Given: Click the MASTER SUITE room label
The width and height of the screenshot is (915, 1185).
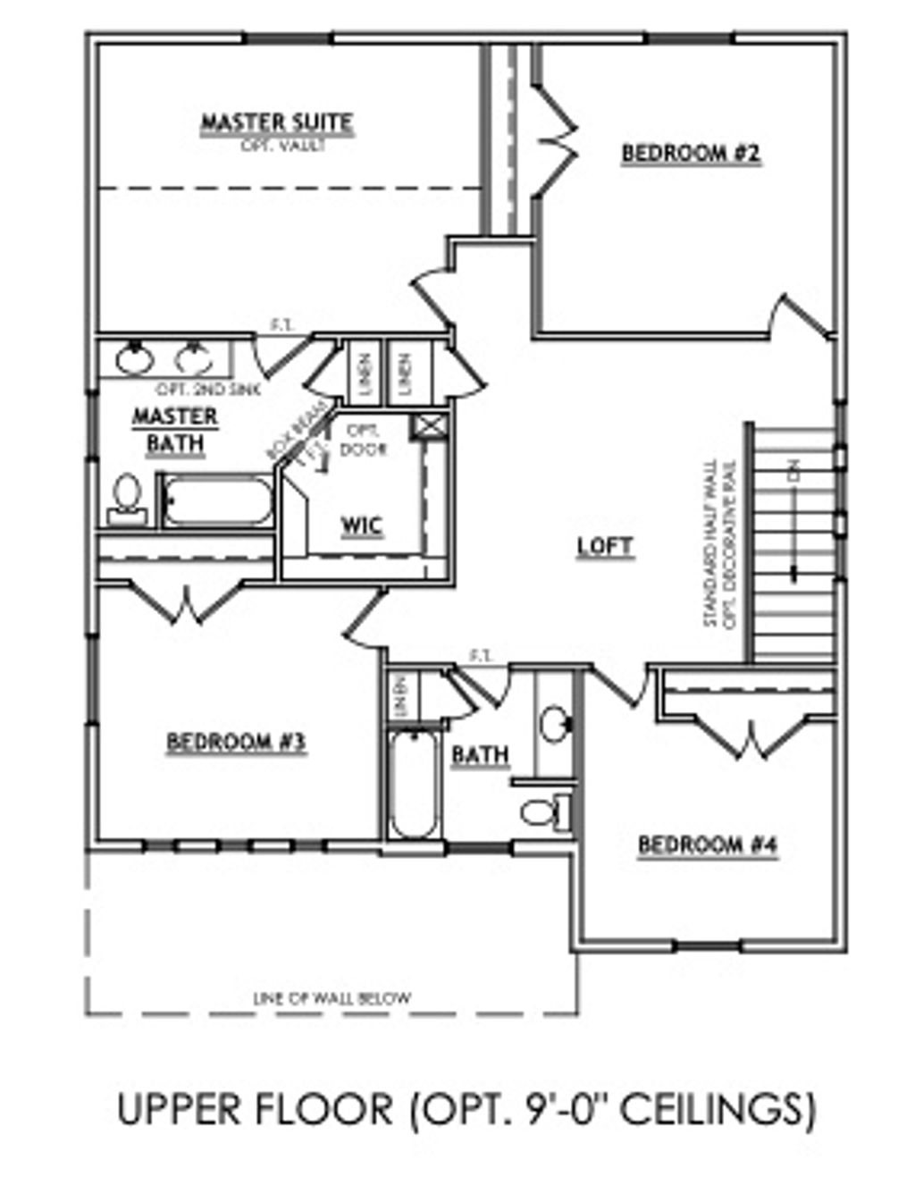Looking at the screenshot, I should [276, 122].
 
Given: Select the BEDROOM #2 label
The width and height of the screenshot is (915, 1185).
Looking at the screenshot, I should [691, 154].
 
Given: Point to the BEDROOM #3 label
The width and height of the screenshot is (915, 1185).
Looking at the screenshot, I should [237, 742].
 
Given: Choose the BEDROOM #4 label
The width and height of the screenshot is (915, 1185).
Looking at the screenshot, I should [708, 845].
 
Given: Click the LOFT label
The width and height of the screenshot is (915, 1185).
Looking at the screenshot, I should [605, 546].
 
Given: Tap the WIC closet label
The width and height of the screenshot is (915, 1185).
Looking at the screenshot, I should [362, 525].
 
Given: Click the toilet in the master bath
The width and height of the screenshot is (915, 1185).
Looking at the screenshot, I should [127, 499].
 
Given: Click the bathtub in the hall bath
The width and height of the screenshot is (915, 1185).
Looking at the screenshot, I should [414, 784].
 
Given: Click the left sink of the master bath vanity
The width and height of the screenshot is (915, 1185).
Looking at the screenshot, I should [135, 358].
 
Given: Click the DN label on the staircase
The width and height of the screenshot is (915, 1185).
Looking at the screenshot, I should [793, 470].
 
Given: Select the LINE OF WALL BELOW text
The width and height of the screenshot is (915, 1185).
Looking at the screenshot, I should [332, 998].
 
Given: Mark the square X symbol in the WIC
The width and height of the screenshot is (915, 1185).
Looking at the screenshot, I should [424, 427].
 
